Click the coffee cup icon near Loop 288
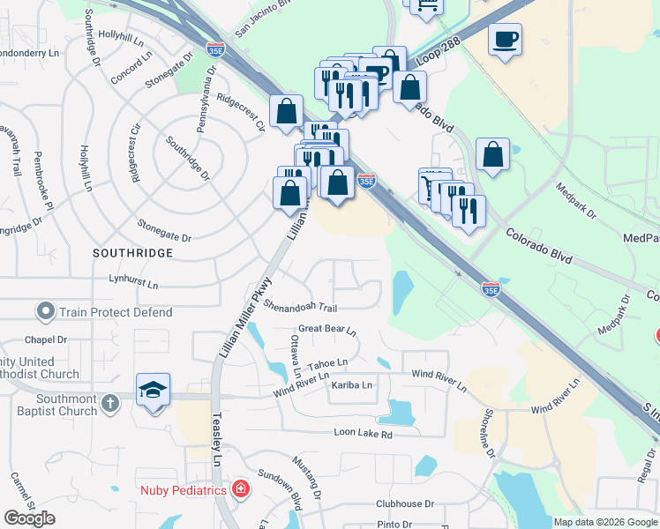coord(504,41)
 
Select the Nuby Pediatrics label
coord(184,489)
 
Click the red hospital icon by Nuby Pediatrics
coord(240,489)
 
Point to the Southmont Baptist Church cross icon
coord(109,404)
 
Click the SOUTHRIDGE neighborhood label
coord(132,253)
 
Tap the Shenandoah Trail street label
coord(300,306)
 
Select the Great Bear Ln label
coord(326,330)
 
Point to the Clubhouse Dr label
coord(405,504)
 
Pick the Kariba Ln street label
coord(352,385)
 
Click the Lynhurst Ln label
coord(133,285)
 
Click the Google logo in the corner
coord(29,518)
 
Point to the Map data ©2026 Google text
coord(605,522)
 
